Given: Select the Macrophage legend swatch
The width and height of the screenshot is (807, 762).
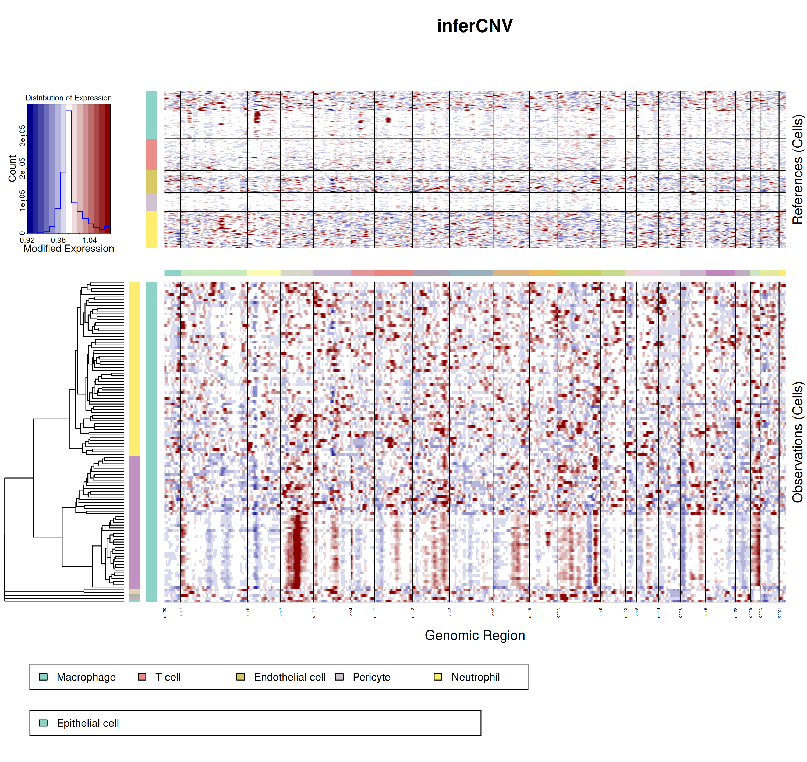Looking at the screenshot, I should [44, 677].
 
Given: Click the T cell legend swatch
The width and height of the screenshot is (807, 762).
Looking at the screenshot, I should [142, 677].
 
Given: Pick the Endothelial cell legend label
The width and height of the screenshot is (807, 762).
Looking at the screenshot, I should [289, 677].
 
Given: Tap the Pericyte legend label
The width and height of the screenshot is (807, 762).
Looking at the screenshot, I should [371, 677].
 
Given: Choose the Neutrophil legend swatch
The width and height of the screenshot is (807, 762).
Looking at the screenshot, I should [438, 677].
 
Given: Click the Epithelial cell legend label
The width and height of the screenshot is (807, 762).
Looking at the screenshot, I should [88, 724].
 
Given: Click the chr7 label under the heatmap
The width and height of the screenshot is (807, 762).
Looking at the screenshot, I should [281, 612].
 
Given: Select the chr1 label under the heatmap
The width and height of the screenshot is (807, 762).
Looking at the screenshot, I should [181, 612].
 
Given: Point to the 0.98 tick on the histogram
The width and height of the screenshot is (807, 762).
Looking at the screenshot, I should [58, 240].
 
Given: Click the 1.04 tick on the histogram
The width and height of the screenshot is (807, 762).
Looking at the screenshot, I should [90, 240].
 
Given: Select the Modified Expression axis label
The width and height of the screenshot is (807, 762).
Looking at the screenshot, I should [69, 249].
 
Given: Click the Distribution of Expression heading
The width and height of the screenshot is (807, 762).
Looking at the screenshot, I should [69, 98].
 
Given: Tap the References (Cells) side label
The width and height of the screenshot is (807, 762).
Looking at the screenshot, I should [798, 169].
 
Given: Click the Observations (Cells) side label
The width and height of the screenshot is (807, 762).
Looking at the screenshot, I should [798, 442].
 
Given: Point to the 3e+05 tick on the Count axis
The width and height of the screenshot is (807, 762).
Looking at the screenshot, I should [22, 135].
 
